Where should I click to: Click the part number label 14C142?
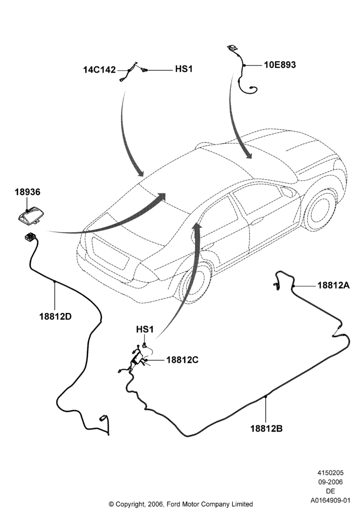99,70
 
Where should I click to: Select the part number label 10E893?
280,65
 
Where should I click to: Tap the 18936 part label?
27,192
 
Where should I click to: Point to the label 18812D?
56,317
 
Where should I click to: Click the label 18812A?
333,285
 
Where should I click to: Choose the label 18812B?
266,428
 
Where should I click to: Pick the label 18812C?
182,360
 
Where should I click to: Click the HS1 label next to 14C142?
184,70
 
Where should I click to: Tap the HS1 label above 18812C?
145,330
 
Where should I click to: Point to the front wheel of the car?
320,209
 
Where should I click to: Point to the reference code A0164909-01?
331,501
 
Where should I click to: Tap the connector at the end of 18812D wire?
103,418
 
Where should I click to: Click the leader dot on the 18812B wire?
266,397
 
